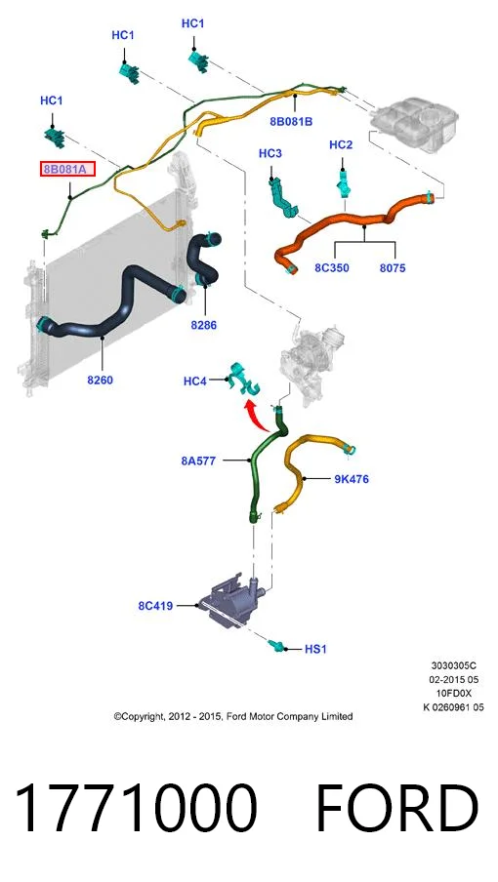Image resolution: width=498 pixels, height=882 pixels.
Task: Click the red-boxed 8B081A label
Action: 67,169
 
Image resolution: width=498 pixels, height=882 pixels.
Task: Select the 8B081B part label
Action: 292,121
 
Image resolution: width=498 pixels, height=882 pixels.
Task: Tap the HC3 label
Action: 270,153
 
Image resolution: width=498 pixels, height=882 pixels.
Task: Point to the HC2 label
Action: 341,145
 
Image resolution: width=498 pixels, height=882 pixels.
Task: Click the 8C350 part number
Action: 332,267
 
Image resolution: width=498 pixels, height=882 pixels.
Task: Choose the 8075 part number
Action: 393,267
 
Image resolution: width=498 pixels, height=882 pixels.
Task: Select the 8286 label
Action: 204,325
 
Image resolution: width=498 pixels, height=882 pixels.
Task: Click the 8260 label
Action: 101,380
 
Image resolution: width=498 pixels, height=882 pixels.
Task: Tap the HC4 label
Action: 195,381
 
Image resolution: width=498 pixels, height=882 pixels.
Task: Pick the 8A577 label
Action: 198,461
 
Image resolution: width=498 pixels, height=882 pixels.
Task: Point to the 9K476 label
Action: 352,479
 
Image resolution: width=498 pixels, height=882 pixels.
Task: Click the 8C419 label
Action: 155,606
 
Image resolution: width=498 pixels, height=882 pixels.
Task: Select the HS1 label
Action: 315,649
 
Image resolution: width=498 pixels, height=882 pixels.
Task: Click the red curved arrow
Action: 257,415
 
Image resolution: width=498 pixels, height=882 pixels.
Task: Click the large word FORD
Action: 397,808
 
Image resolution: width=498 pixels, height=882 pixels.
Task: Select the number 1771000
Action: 136,808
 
